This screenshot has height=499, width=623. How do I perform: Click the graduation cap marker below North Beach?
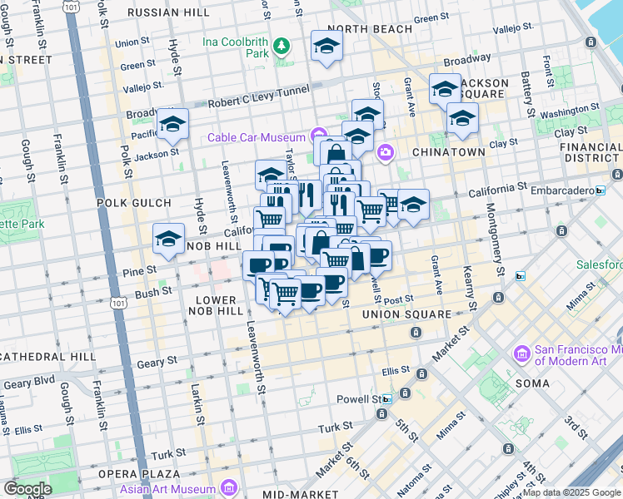click(327, 46)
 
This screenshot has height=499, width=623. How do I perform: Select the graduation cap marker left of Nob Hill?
click(169, 240)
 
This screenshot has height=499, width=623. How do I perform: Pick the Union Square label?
click(406, 315)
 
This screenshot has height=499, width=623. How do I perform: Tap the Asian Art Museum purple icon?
click(229, 485)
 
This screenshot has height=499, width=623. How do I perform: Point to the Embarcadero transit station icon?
click(600, 190)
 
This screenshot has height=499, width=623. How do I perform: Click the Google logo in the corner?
click(27, 488)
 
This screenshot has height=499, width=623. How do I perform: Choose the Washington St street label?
click(557, 111)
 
